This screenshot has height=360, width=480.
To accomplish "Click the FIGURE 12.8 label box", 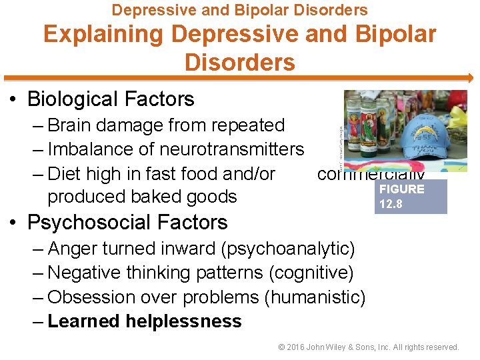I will coord(411,196).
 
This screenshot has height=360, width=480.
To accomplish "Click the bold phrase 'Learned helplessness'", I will coord(145,321).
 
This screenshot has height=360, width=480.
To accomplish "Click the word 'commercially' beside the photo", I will coord(371,174).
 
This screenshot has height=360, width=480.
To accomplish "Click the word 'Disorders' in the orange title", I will coord(239,63).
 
